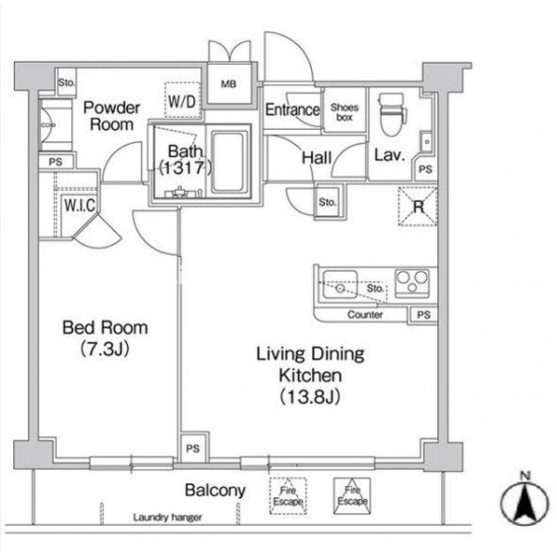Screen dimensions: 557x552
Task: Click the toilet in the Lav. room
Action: (392, 115)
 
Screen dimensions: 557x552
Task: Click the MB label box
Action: (228, 83)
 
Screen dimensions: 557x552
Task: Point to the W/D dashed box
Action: (182, 100)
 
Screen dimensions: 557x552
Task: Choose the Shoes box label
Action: (344, 112)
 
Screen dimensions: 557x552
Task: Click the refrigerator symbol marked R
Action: (418, 206)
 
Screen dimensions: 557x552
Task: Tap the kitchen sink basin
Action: (340, 284)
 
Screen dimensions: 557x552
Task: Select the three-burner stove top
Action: (412, 283)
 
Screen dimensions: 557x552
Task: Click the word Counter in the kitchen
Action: (365, 315)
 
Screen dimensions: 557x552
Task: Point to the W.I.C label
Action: (80, 205)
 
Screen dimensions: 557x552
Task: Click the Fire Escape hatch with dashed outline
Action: (288, 496)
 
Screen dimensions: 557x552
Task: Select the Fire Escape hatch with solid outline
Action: (352, 495)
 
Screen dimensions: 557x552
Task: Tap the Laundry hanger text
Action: (167, 518)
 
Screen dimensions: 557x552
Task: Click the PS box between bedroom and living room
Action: (193, 448)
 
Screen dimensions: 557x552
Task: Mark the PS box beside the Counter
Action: (423, 315)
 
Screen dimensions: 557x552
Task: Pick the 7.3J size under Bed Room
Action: (104, 349)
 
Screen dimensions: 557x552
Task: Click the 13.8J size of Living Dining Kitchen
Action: (310, 396)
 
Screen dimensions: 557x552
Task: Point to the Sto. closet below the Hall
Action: (327, 201)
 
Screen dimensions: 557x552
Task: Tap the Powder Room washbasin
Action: (56, 125)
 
